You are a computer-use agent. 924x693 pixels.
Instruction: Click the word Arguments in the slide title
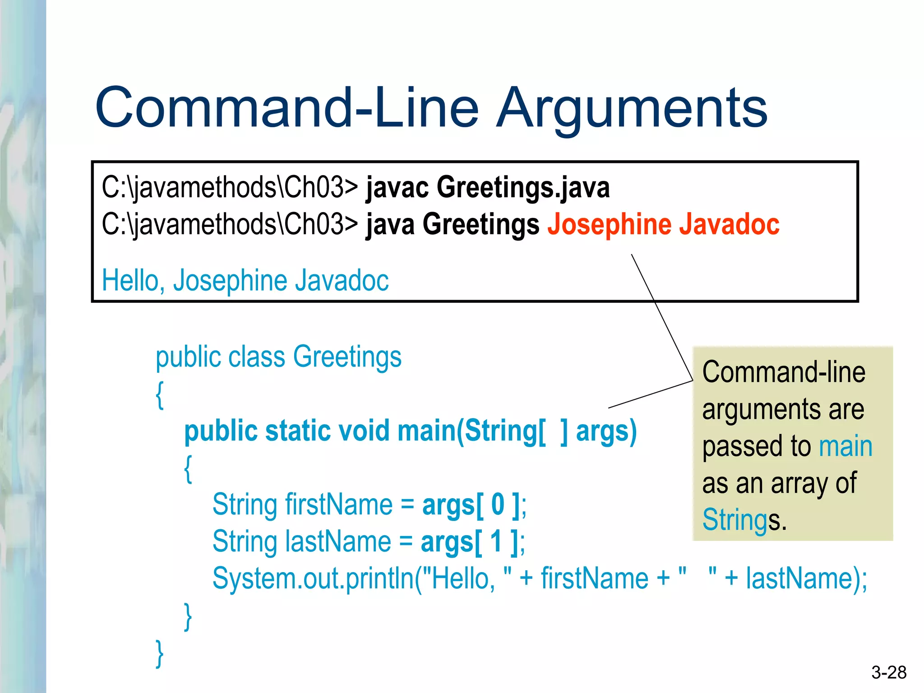pos(632,108)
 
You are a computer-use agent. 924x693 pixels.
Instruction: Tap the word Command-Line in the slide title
pos(287,108)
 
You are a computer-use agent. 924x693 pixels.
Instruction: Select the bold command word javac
pos(397,187)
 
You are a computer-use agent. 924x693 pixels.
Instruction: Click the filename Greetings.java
pos(523,187)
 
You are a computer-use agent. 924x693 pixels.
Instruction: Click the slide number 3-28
pos(889,673)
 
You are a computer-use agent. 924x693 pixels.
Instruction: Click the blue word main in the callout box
pos(845,447)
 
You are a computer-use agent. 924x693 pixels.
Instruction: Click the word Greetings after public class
pos(347,357)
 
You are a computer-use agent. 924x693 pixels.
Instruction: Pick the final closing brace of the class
pos(159,653)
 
